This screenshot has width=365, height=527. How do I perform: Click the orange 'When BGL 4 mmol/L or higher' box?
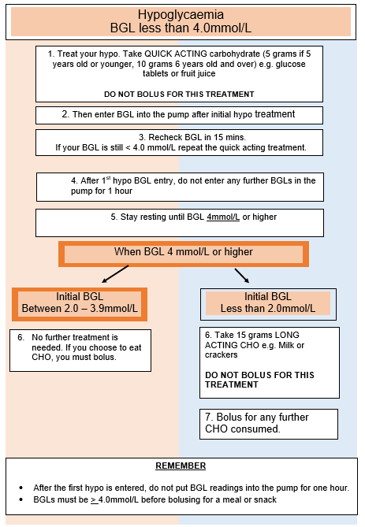(183, 254)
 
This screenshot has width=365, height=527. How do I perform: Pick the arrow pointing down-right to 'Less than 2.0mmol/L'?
(241, 275)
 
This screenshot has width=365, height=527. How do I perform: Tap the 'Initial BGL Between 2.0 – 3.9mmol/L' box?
(80, 303)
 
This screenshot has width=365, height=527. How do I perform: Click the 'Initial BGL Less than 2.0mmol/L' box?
(268, 303)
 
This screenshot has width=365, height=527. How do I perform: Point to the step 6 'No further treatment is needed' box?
(80, 349)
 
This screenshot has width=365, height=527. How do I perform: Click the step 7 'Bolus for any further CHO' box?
(268, 423)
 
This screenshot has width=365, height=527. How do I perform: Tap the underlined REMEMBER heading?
(181, 466)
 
